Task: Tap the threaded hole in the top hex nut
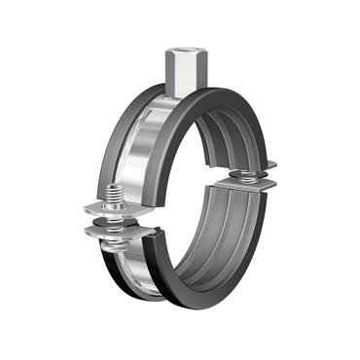point(180,46)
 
